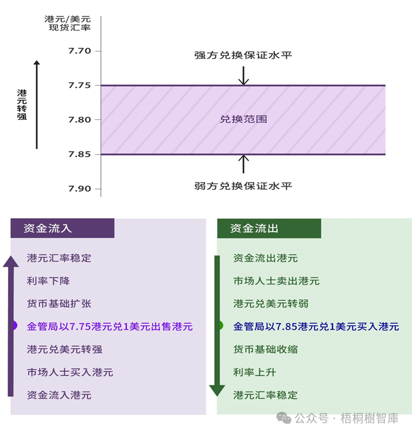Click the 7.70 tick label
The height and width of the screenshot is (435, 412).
point(79,51)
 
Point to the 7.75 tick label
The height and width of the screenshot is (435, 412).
point(79,85)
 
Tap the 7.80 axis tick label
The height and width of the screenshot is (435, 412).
point(79,120)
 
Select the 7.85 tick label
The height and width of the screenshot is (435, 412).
point(79,154)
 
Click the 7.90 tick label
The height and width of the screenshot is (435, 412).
point(79,189)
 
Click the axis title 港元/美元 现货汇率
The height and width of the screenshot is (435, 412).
point(68,23)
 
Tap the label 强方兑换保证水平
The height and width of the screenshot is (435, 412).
point(243,55)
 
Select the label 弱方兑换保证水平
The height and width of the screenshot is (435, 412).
point(243,186)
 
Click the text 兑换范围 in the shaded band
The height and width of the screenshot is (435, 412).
point(243,119)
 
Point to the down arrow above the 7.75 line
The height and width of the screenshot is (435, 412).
point(243,76)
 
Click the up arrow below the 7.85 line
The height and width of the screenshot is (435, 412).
point(243,164)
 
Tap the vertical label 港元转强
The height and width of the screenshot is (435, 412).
point(22,104)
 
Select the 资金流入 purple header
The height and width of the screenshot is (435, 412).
point(62,228)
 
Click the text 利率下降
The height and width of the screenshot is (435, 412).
point(48,281)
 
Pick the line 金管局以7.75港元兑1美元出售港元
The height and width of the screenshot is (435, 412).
point(110,326)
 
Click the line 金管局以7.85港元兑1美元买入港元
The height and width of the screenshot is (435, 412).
point(316,326)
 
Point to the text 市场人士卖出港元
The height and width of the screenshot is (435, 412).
point(276,281)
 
